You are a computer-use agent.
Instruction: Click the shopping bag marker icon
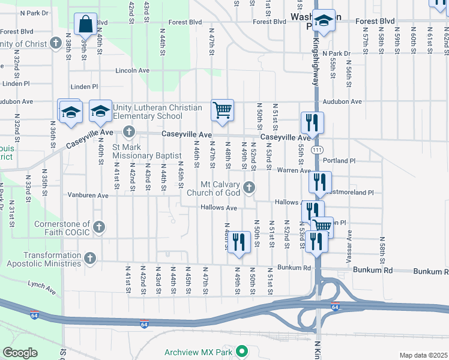click(x=85, y=25)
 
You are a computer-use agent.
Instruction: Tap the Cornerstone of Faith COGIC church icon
click(x=99, y=227)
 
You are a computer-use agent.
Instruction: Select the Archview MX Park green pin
click(x=242, y=351)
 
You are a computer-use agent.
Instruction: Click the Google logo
click(x=19, y=353)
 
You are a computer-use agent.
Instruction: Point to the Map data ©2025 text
click(x=423, y=355)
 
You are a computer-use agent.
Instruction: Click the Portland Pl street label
click(x=339, y=161)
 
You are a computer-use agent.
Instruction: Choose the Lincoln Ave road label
click(x=131, y=70)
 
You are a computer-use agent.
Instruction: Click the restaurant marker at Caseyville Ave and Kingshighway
click(x=312, y=123)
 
